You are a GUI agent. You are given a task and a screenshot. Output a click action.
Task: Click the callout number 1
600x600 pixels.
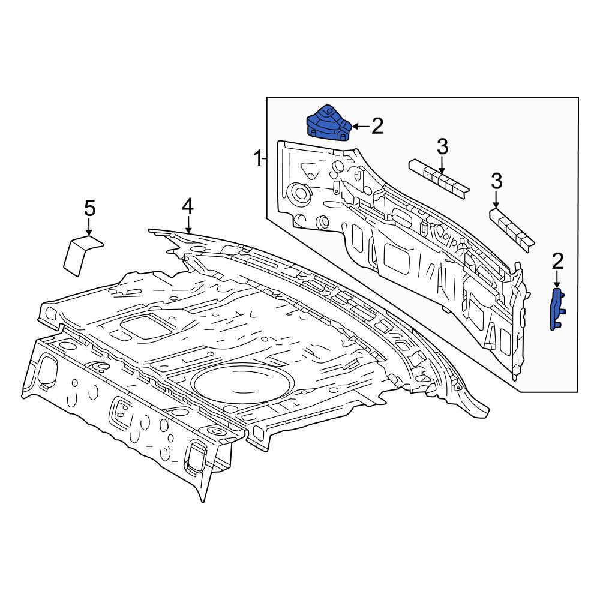(259, 158)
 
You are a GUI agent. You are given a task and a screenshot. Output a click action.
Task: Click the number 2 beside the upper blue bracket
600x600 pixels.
(377, 126)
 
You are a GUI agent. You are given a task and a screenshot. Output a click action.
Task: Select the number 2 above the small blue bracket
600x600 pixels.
(557, 262)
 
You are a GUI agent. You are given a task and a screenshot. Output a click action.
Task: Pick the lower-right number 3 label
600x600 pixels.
(496, 181)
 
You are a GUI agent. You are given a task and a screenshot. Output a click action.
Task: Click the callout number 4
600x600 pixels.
(187, 206)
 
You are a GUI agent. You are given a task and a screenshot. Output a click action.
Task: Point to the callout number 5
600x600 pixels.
(89, 209)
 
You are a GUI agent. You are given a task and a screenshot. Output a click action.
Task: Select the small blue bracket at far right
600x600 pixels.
(557, 310)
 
